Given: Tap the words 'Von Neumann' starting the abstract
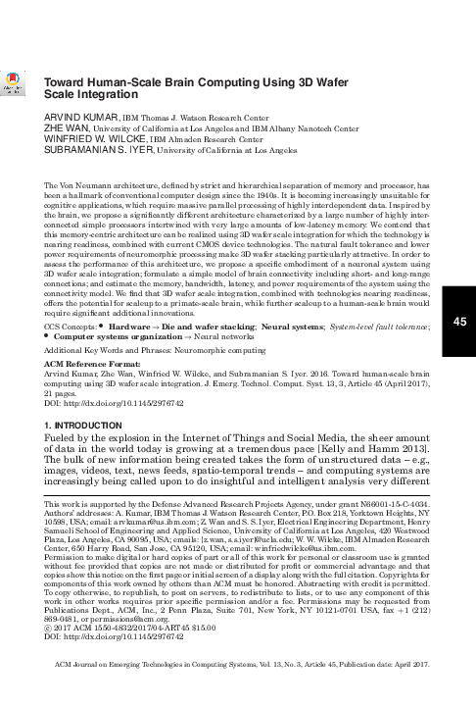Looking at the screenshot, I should click(79, 184).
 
